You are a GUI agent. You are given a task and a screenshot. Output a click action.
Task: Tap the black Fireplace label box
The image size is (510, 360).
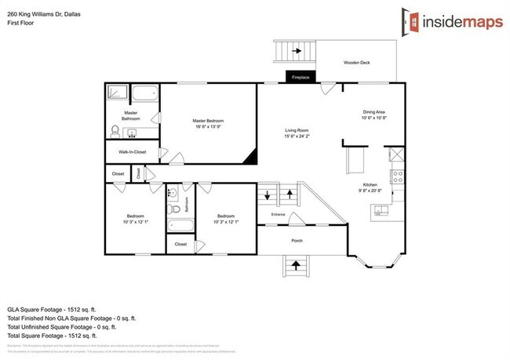[301, 78]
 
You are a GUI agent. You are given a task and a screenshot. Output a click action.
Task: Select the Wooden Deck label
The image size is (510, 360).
[359, 63]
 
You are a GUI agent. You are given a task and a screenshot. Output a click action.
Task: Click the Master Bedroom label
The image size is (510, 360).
[209, 121]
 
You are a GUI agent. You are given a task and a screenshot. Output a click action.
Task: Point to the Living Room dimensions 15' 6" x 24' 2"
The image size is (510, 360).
[297, 136]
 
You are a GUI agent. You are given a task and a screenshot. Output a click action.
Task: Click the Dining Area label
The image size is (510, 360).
[374, 112]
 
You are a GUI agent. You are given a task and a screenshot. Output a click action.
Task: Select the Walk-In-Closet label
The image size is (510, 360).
[132, 151]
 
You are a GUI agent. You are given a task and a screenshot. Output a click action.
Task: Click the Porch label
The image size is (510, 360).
[297, 241]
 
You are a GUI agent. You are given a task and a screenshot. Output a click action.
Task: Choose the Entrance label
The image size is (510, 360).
[279, 213]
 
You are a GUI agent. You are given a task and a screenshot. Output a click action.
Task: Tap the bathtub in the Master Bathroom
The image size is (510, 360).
[144, 95]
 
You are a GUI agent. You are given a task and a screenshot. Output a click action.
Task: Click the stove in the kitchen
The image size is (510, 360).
[397, 175]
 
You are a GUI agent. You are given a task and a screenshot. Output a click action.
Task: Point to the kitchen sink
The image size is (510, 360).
[381, 209]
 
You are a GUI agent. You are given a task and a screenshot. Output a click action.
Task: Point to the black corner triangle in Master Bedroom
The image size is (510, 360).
[251, 157]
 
